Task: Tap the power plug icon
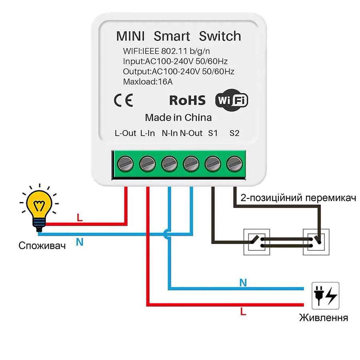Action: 325,296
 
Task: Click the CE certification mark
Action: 124,101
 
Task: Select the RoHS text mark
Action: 187,100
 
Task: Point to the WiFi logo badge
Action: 232,100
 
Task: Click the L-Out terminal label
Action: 125,133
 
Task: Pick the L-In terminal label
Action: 147,133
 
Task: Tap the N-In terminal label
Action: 170,133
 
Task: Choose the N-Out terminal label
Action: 191,133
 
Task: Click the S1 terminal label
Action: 213,133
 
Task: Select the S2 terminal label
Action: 234,133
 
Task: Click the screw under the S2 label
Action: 234,164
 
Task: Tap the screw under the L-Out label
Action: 125,164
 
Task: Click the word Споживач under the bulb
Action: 42,246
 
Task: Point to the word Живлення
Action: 324,318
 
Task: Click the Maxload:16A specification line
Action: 148,82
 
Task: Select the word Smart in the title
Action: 172,36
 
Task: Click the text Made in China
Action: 178,118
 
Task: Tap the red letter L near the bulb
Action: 80,218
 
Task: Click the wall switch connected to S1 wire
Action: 256,242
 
